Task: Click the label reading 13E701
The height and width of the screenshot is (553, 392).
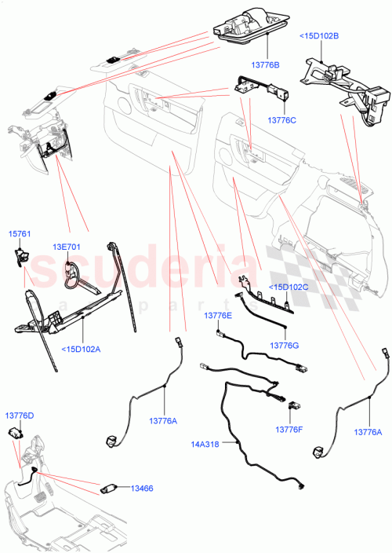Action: coord(67,247)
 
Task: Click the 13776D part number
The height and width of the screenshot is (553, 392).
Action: coord(20,415)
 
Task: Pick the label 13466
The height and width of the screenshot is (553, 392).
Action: coord(142,488)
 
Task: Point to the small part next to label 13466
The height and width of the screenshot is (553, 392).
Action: coord(109,488)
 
